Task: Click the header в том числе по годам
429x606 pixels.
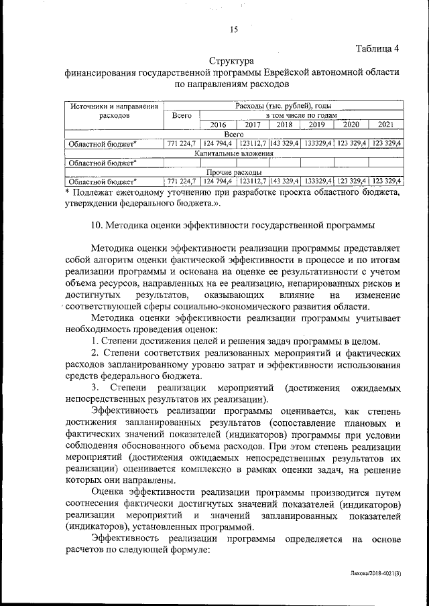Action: coord(301,115)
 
